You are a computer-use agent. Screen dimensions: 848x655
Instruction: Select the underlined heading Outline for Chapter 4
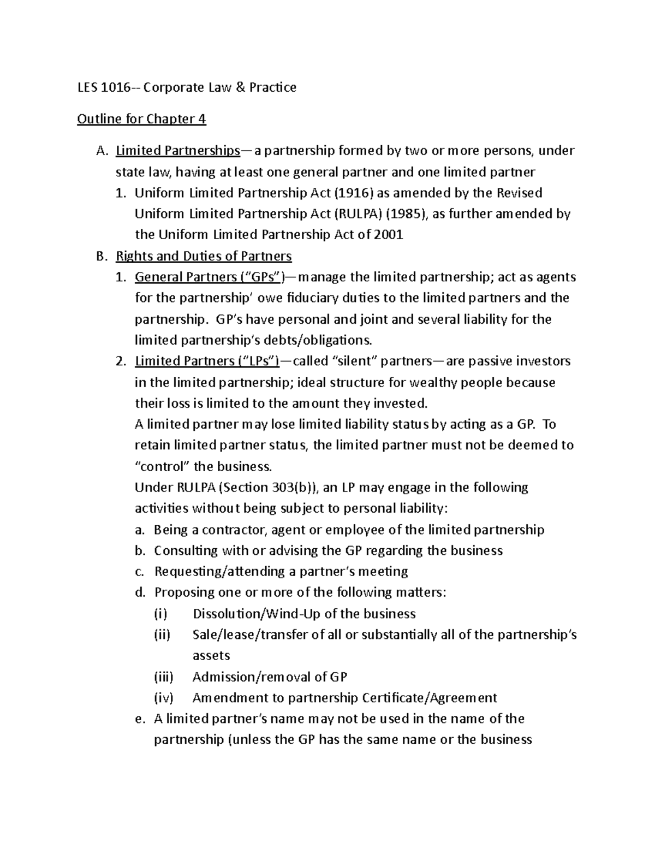pyautogui.click(x=141, y=119)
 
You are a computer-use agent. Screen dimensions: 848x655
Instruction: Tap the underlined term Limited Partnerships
pyautogui.click(x=178, y=151)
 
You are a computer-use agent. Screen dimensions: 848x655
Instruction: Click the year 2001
pyautogui.click(x=389, y=235)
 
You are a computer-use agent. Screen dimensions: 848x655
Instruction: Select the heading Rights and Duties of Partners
pyautogui.click(x=204, y=256)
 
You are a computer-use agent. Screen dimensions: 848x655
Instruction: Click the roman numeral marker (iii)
pyautogui.click(x=163, y=677)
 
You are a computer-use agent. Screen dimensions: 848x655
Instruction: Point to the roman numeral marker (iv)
pyautogui.click(x=163, y=698)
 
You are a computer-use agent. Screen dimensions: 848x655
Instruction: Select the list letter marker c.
pyautogui.click(x=140, y=572)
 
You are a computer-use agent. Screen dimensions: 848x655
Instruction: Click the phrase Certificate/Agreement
pyautogui.click(x=429, y=698)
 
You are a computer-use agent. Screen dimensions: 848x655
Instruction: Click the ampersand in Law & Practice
pyautogui.click(x=240, y=87)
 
